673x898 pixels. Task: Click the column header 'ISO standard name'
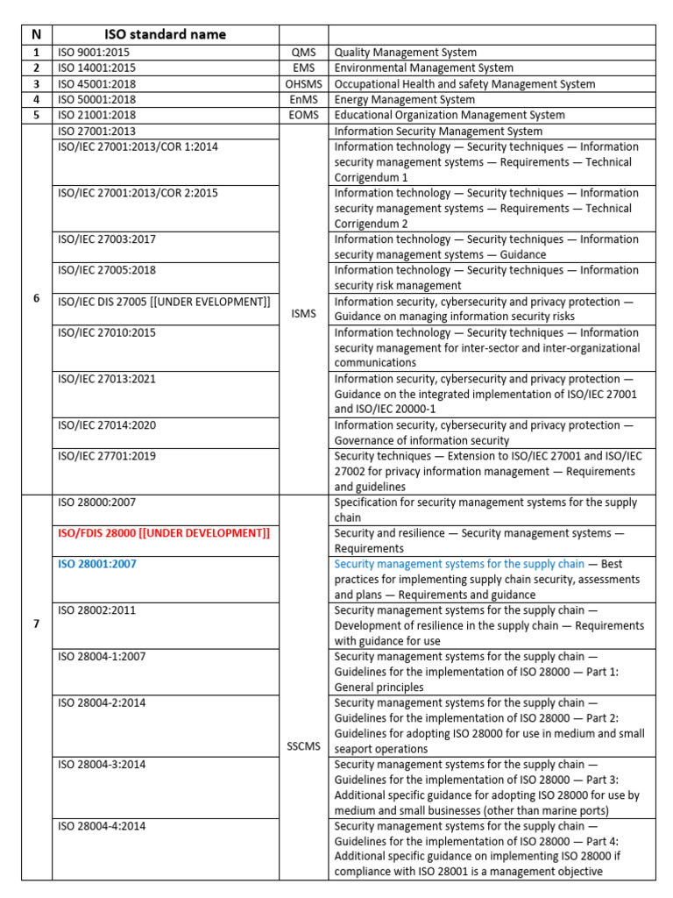click(x=165, y=35)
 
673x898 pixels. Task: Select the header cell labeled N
click(x=36, y=35)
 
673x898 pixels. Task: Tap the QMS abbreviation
click(x=304, y=53)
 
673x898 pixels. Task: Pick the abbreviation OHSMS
click(x=304, y=84)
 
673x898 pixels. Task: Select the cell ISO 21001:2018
click(x=96, y=115)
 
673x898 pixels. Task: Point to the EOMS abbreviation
click(x=304, y=115)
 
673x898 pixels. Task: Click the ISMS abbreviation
click(x=304, y=310)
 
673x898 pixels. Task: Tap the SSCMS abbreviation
click(x=304, y=747)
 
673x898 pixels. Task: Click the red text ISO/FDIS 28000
click(x=164, y=533)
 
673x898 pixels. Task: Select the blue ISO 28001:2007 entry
click(x=96, y=564)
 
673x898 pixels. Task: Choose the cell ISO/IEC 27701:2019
click(x=107, y=456)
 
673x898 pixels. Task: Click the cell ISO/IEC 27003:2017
click(x=107, y=239)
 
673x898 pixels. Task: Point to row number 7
click(x=36, y=623)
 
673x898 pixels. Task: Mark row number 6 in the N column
click(x=36, y=298)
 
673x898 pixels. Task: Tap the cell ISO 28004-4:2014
click(x=102, y=826)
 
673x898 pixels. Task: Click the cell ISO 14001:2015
click(x=96, y=68)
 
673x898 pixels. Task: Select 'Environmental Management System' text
click(x=424, y=68)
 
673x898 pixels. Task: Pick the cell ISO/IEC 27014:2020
click(x=107, y=425)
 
